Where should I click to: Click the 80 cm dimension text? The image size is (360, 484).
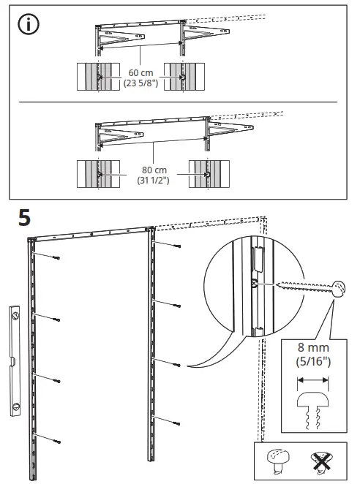(138, 170)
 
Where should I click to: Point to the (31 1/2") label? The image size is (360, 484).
(138, 180)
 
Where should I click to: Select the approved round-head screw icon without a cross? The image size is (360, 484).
(279, 462)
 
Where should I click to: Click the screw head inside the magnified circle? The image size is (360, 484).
(337, 287)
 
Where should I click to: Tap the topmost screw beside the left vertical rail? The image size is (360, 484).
(56, 257)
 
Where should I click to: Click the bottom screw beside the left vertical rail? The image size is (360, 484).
(56, 439)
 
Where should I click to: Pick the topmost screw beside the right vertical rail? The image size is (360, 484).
(176, 246)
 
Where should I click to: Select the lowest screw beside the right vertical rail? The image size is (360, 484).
(176, 421)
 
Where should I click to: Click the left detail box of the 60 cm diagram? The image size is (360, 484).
(96, 77)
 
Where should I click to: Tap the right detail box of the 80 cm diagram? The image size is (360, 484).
(207, 174)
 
